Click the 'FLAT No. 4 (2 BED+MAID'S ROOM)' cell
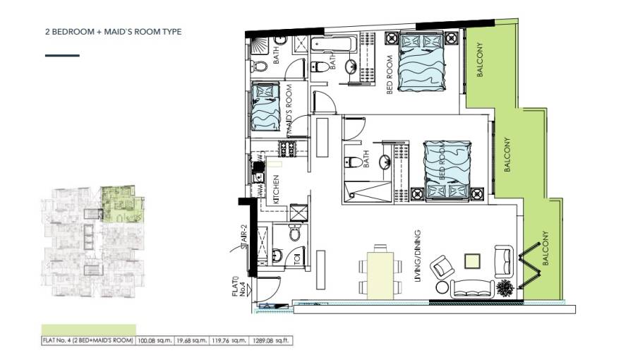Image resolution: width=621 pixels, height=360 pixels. pyautogui.click(x=88, y=340)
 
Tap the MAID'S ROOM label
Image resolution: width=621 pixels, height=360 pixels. pyautogui.click(x=289, y=109)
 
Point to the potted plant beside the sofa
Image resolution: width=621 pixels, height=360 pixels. pyautogui.click(x=505, y=287)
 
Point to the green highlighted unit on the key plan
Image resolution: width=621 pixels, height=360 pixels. pyautogui.click(x=120, y=205)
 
